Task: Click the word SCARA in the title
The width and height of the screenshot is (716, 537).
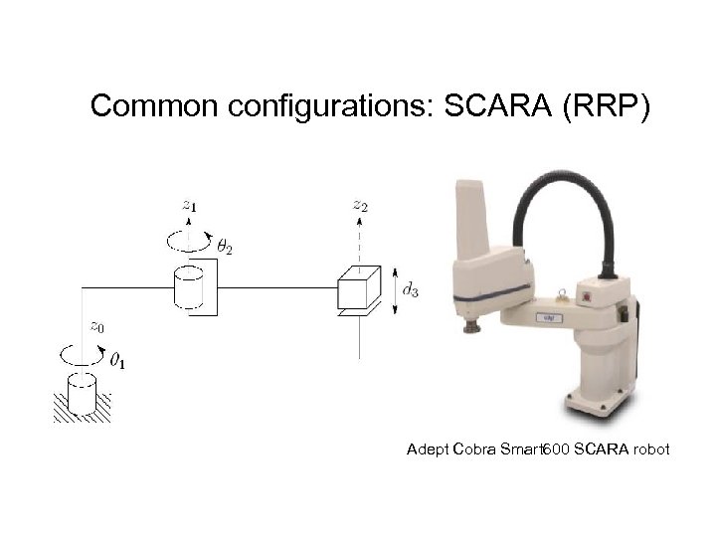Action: point(494,106)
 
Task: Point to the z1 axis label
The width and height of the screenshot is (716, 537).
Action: point(189,205)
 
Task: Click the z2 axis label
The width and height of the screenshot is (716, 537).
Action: point(360,205)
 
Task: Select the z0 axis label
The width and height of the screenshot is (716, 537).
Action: point(95,325)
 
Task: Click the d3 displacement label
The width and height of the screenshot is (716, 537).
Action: point(409,289)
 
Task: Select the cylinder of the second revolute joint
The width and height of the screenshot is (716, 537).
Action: point(189,287)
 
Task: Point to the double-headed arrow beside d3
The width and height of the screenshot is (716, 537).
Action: point(397,289)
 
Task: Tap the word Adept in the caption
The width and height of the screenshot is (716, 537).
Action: point(428,450)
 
